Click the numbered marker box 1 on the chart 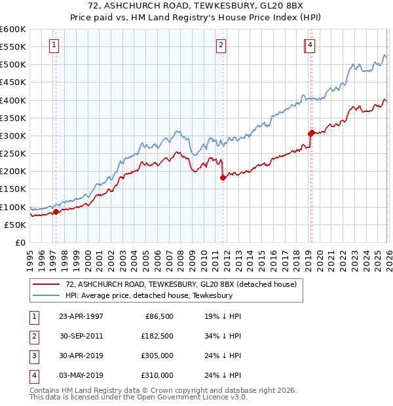[x=53, y=45]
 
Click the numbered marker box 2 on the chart [x=221, y=45]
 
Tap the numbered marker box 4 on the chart [x=310, y=45]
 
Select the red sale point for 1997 [x=56, y=212]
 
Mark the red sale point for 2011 [x=223, y=177]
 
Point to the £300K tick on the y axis [x=13, y=136]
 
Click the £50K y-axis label [x=16, y=225]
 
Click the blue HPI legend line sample [x=47, y=296]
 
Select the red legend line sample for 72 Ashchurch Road [x=47, y=284]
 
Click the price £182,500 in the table [x=157, y=335]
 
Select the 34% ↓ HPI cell [x=223, y=335]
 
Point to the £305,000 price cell [x=157, y=356]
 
